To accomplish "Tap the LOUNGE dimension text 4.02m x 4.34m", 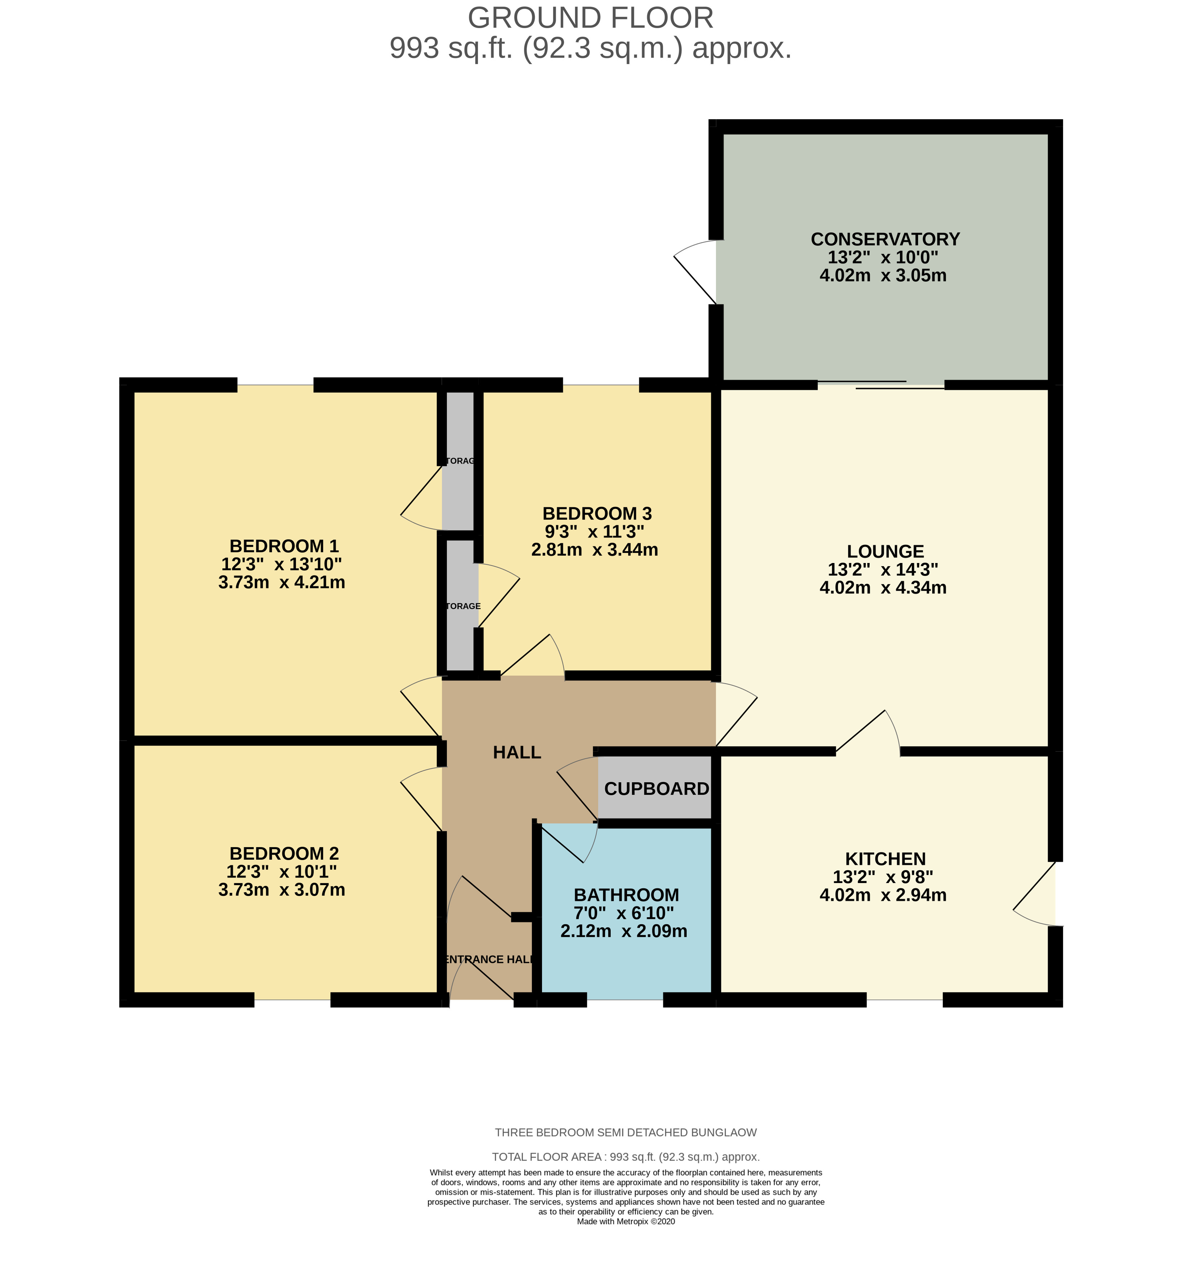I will coord(883,587).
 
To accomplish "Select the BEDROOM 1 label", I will coord(284,546).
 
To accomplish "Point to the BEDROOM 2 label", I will coord(284,854).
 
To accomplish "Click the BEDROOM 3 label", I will coord(597,513).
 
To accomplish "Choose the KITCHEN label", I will coord(885,859).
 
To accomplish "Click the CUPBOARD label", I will coord(656,789).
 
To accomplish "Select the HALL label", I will coord(517,752).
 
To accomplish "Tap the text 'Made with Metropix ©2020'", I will coord(626,1221).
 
